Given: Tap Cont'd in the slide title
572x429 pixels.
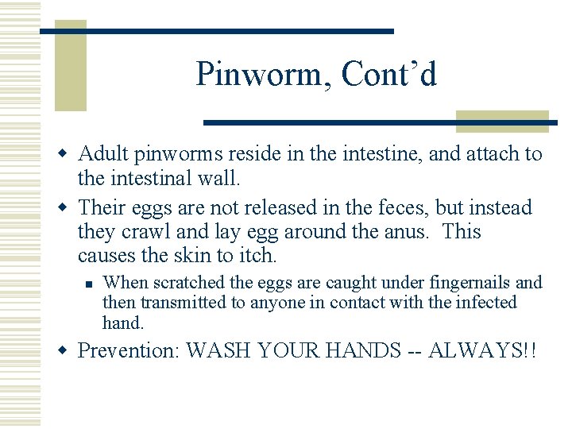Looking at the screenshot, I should click(x=389, y=75).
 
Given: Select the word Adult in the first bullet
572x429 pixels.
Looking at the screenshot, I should click(x=102, y=153).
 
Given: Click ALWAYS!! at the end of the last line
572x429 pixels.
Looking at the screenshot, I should click(x=481, y=350).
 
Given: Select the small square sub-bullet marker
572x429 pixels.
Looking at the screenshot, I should click(x=91, y=284).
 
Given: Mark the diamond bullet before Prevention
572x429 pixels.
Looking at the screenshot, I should click(x=68, y=350).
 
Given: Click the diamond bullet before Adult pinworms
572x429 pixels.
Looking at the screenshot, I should click(x=68, y=153).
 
